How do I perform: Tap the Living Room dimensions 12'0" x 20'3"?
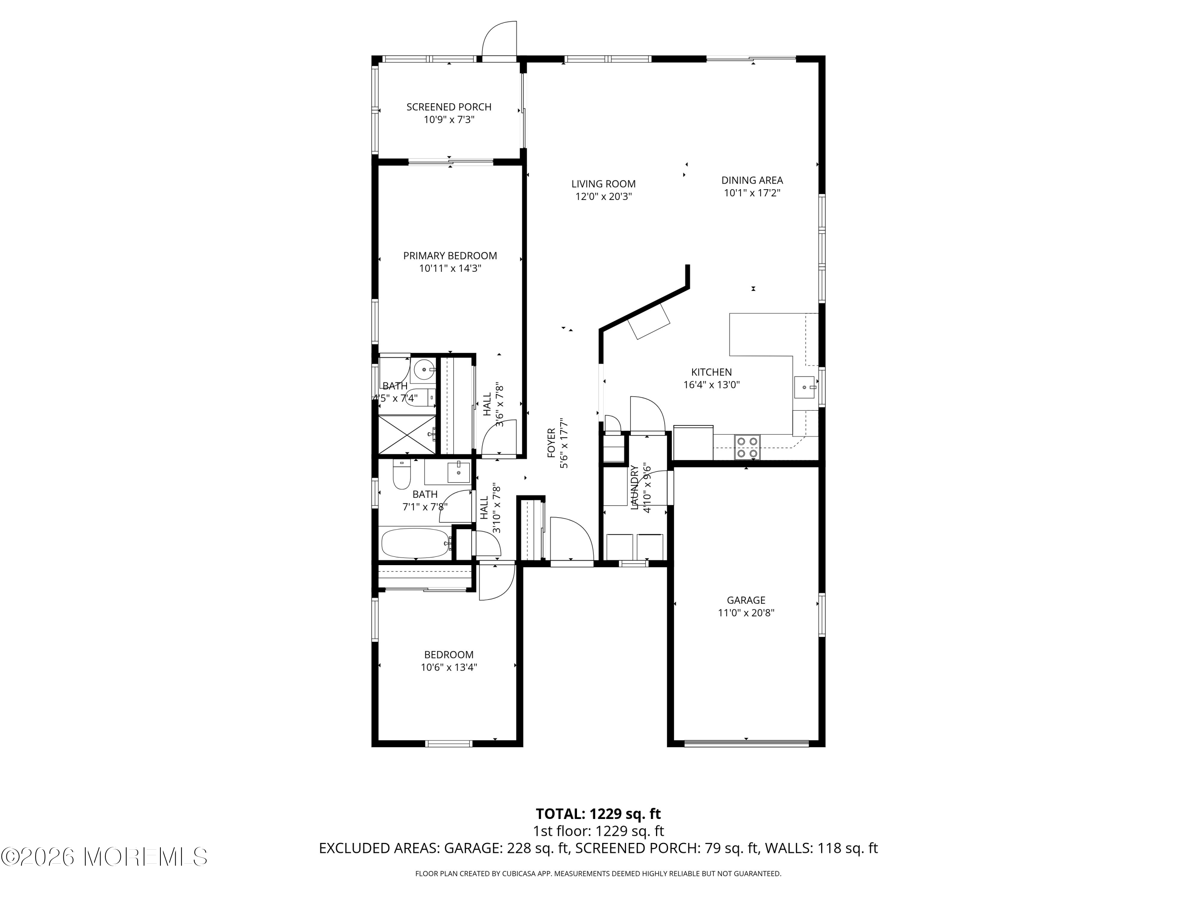[603, 196]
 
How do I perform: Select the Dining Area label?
[752, 180]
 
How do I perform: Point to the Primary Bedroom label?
[450, 255]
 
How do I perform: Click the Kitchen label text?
[711, 372]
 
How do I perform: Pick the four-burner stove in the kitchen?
[747, 447]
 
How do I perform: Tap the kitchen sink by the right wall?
[805, 388]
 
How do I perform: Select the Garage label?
[746, 600]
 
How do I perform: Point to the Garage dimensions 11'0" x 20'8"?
[746, 613]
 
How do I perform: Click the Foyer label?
[551, 443]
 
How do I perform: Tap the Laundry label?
[635, 487]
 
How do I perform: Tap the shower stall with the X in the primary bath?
[407, 435]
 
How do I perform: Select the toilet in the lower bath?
[401, 474]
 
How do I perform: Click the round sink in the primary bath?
[423, 370]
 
